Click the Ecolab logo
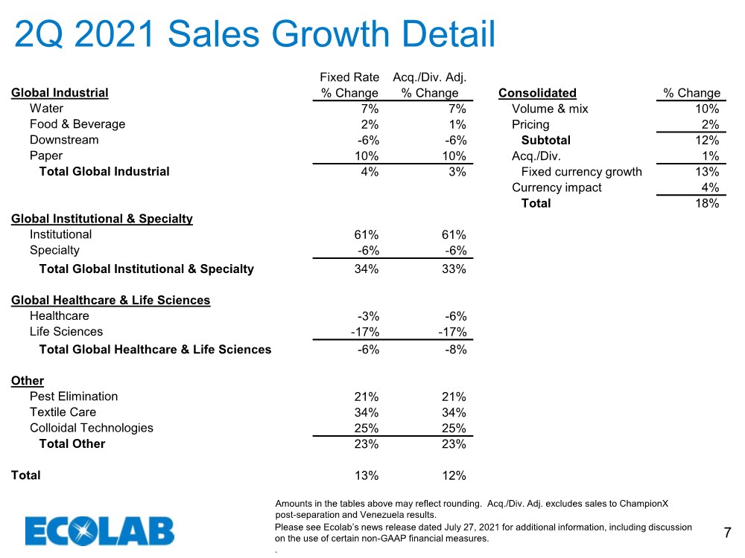100,530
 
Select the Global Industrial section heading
60,92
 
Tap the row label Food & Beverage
77,124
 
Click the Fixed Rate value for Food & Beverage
370,124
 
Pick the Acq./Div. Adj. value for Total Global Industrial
457,172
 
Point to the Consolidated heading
537,93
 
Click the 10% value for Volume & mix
707,109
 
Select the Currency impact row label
557,187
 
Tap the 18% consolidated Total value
707,203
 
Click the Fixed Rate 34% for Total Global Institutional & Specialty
367,269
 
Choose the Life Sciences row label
66,331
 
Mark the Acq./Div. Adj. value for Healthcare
456,316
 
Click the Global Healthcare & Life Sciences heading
111,300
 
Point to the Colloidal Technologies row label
91,428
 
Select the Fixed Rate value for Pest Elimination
367,397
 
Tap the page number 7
727,533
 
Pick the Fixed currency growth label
582,172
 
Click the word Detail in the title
448,34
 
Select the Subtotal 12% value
707,140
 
